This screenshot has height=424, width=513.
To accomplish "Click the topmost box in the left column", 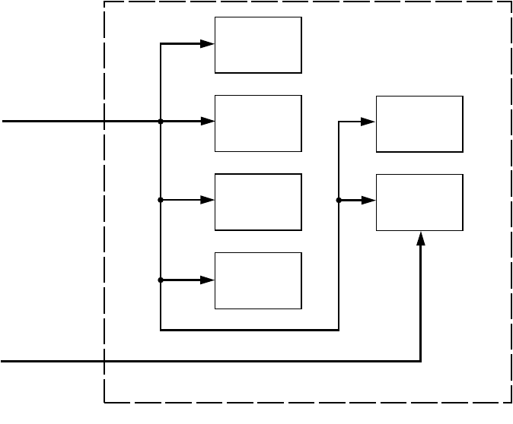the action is point(258,45).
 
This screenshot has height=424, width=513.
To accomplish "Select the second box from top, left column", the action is point(258,123).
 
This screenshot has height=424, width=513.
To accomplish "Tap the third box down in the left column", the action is point(258,201).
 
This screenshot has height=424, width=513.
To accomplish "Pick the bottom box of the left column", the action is point(258,280).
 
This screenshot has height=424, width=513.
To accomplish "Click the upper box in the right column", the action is point(419,124).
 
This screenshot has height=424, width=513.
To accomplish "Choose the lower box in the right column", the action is point(419,202).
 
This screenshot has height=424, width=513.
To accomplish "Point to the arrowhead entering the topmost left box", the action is point(208,44).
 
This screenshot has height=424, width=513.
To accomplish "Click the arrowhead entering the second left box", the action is point(208,122).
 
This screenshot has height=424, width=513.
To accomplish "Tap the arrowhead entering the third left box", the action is point(208,201).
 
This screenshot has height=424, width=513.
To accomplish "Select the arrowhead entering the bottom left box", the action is point(208,280).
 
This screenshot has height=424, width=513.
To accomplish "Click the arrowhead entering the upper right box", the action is point(369,122).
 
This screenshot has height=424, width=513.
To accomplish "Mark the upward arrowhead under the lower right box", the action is point(421,238).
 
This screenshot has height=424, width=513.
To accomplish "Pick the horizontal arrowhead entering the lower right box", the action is point(369,201).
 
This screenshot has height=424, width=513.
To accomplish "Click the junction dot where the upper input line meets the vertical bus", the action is point(161,122).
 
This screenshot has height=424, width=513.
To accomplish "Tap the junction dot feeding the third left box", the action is point(161,201).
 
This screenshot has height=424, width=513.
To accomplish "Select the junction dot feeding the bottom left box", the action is point(161,280).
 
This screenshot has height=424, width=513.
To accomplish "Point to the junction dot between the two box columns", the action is point(338,201).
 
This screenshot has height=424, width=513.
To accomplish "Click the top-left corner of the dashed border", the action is point(105,2).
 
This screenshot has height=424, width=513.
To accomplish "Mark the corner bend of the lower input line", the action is point(421,361).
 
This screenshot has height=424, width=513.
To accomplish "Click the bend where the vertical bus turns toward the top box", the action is point(161,44).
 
